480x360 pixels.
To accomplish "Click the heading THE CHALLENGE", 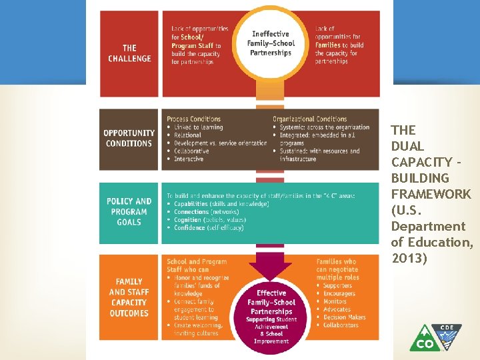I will point(129,53).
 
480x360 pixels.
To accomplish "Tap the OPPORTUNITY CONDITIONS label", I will point(129,138).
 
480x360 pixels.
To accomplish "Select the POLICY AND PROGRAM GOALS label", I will point(129,211).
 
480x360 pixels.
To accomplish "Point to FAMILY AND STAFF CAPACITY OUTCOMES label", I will point(129,297).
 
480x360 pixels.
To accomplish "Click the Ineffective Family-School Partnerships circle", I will point(271,43).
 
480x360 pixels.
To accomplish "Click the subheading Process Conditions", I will point(193,119).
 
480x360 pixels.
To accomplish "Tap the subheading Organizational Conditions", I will point(309,119).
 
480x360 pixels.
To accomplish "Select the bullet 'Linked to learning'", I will point(198,127).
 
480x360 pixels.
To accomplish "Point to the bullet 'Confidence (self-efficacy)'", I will point(209,228).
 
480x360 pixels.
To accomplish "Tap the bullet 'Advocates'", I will point(337,309).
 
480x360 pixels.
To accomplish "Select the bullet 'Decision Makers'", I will point(344,317).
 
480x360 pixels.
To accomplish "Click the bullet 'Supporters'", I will point(339,286).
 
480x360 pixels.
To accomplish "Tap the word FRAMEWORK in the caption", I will point(431,194).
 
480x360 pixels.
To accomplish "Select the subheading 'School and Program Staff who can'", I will point(197,266).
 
